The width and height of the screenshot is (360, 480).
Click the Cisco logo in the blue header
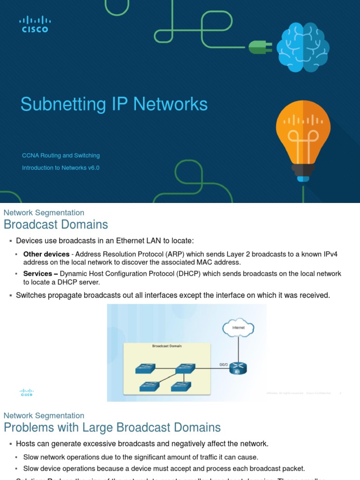(x=35, y=24)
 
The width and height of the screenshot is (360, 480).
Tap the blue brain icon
(x=302, y=47)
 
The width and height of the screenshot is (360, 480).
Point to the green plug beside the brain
(x=259, y=47)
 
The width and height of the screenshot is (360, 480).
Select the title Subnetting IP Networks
(x=114, y=104)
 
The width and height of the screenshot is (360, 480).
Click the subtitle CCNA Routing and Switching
(x=61, y=156)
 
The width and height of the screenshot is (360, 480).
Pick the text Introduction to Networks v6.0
(x=61, y=168)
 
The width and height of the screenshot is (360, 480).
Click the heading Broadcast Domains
(x=56, y=225)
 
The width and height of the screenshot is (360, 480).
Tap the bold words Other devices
(x=46, y=255)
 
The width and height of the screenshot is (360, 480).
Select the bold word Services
(x=37, y=274)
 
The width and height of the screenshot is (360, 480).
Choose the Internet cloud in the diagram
(x=239, y=327)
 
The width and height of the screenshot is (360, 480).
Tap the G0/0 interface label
(x=224, y=364)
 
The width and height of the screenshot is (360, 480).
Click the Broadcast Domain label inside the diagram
(x=167, y=346)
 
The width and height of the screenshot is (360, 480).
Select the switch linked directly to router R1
(x=185, y=369)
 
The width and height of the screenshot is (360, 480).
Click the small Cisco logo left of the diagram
(x=27, y=393)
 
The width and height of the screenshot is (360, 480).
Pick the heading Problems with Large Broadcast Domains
(x=112, y=427)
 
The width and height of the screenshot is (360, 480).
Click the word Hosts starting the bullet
(x=26, y=443)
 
